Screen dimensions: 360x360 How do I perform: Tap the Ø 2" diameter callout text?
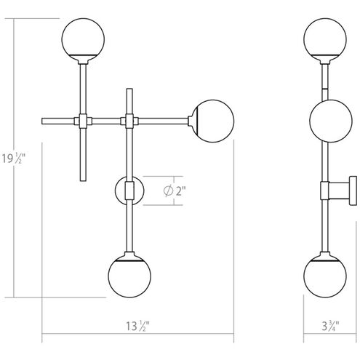(175, 191)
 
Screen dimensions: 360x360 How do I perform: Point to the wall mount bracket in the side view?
(343, 191)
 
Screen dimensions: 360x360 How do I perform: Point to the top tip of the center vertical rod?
(129, 90)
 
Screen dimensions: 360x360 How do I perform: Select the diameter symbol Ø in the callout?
(168, 191)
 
